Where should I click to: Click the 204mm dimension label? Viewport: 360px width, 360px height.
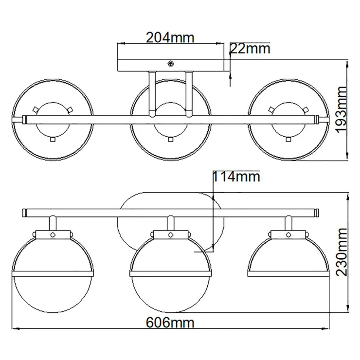pyautogui.click(x=170, y=37)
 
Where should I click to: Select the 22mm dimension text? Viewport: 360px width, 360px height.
pyautogui.click(x=250, y=49)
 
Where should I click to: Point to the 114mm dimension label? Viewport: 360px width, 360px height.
pyautogui.click(x=236, y=177)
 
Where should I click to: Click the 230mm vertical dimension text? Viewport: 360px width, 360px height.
pyautogui.click(x=341, y=252)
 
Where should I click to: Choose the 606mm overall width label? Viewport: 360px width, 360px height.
pyautogui.click(x=170, y=323)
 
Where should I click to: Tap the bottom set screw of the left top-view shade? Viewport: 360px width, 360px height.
pyautogui.click(x=53, y=139)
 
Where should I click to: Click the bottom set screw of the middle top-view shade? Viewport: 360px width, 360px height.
pyautogui.click(x=171, y=139)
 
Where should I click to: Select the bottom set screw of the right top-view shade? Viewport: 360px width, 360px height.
pyautogui.click(x=288, y=139)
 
